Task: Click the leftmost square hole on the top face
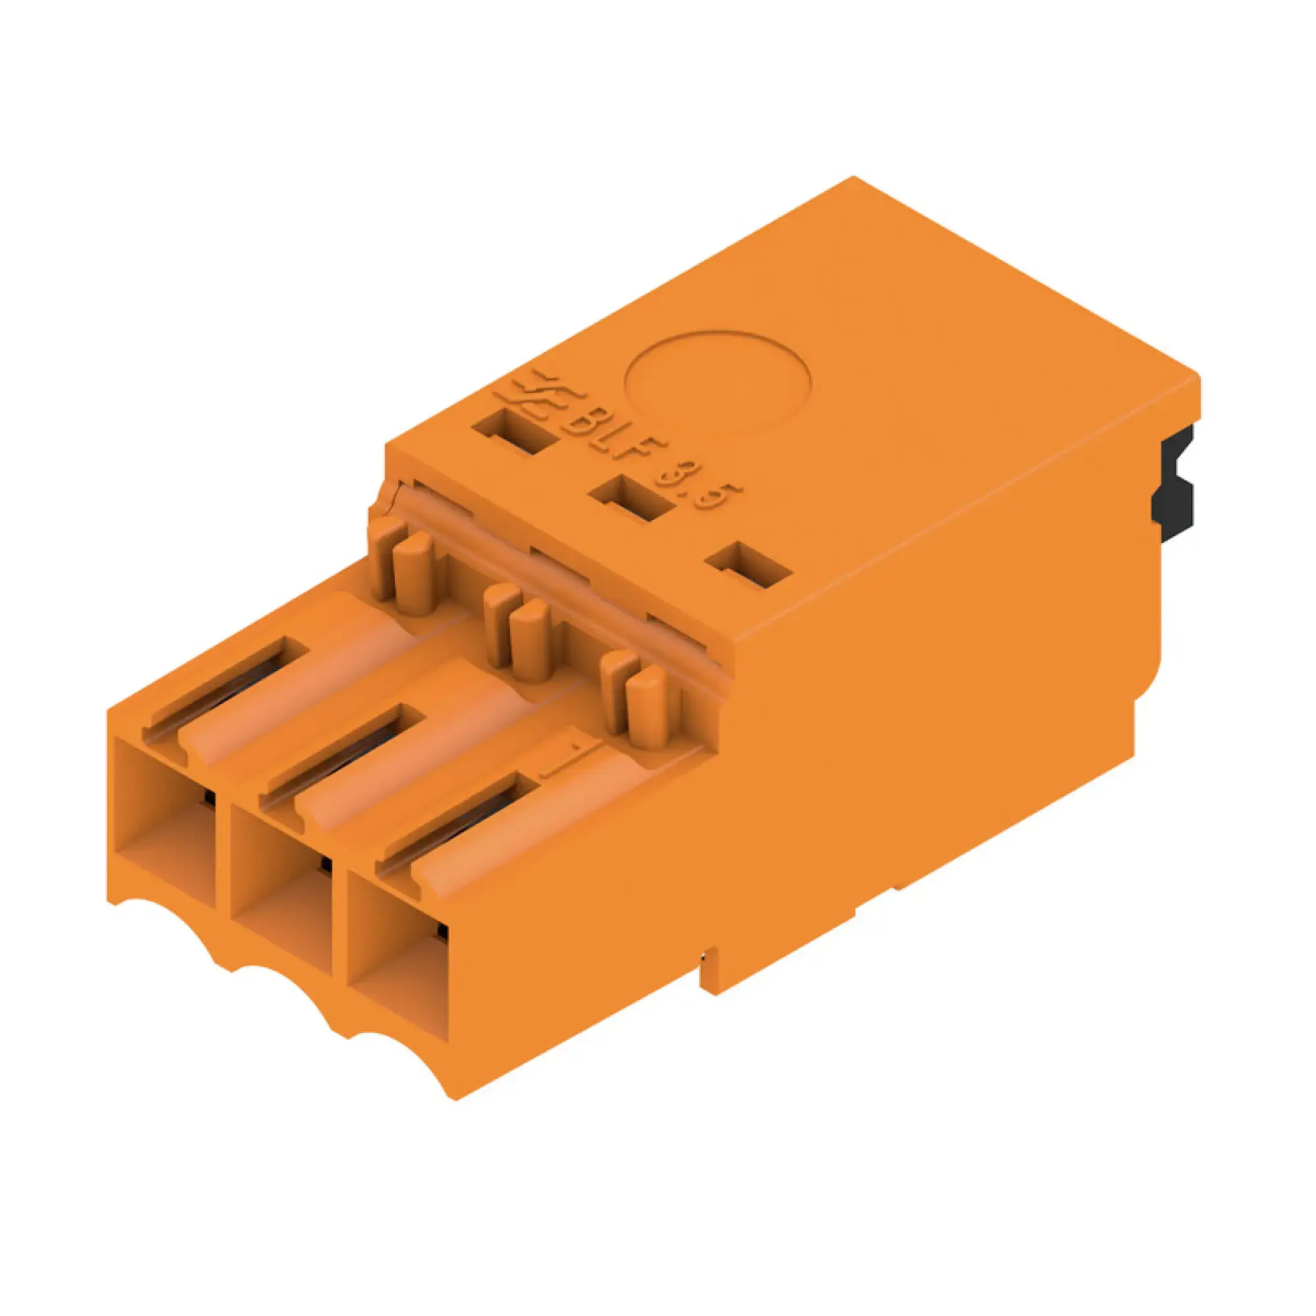[516, 433]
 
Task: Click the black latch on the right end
[1173, 485]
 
